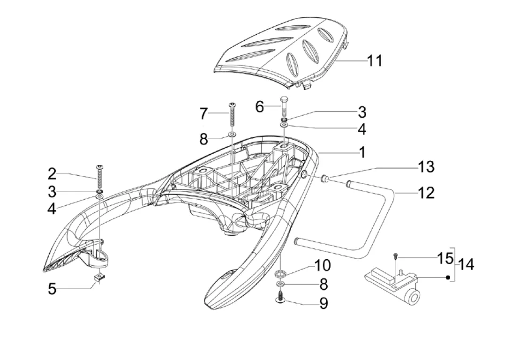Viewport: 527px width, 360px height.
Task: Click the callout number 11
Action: pyautogui.click(x=374, y=61)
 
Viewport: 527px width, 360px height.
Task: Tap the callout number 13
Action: pyautogui.click(x=426, y=167)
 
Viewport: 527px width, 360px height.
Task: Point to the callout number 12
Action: pyautogui.click(x=426, y=193)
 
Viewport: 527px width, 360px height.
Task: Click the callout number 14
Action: pyautogui.click(x=467, y=264)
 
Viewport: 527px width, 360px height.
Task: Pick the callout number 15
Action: pyautogui.click(x=445, y=258)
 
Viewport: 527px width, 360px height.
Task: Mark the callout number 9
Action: pyautogui.click(x=324, y=304)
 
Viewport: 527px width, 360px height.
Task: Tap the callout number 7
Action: pyautogui.click(x=203, y=113)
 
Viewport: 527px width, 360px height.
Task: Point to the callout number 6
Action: pyautogui.click(x=259, y=107)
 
